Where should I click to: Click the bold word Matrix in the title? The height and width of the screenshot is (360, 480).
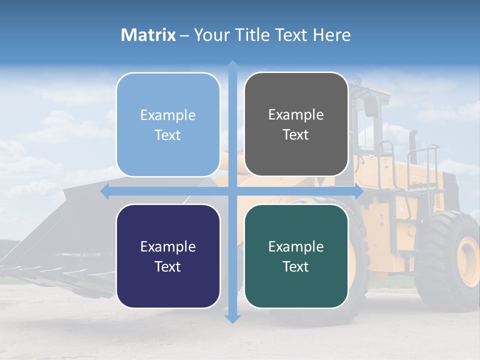coord(148,35)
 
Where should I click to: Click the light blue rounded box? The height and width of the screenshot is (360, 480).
coord(168,124)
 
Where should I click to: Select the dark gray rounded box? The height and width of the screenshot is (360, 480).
coord(296,124)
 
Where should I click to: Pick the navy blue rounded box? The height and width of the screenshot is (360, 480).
coord(168,256)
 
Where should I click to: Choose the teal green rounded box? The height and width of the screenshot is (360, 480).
coord(296,256)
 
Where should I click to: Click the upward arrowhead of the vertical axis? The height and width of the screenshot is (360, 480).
coord(232,65)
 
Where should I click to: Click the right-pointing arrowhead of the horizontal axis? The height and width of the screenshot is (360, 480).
coord(359,191)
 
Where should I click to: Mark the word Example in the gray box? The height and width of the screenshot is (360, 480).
coord(296,114)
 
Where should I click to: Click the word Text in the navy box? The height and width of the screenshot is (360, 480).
coord(168,266)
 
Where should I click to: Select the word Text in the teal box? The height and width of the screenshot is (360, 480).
coord(296,266)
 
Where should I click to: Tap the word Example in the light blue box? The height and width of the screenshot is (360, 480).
coord(168,115)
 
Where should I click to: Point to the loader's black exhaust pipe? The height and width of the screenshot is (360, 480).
coord(413,147)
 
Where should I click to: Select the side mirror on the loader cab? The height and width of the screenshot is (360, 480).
coord(371,106)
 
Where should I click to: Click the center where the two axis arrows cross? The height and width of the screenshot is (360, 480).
coord(232,191)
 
